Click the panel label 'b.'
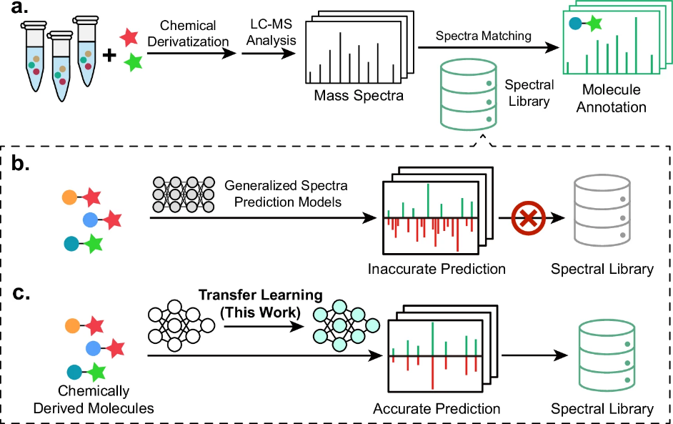point(20,164)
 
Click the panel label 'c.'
point(20,294)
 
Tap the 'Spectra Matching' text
point(483,35)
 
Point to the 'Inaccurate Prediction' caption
point(437,270)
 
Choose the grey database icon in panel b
point(602,211)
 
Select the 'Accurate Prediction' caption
point(437,409)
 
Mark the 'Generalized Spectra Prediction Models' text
point(283,193)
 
